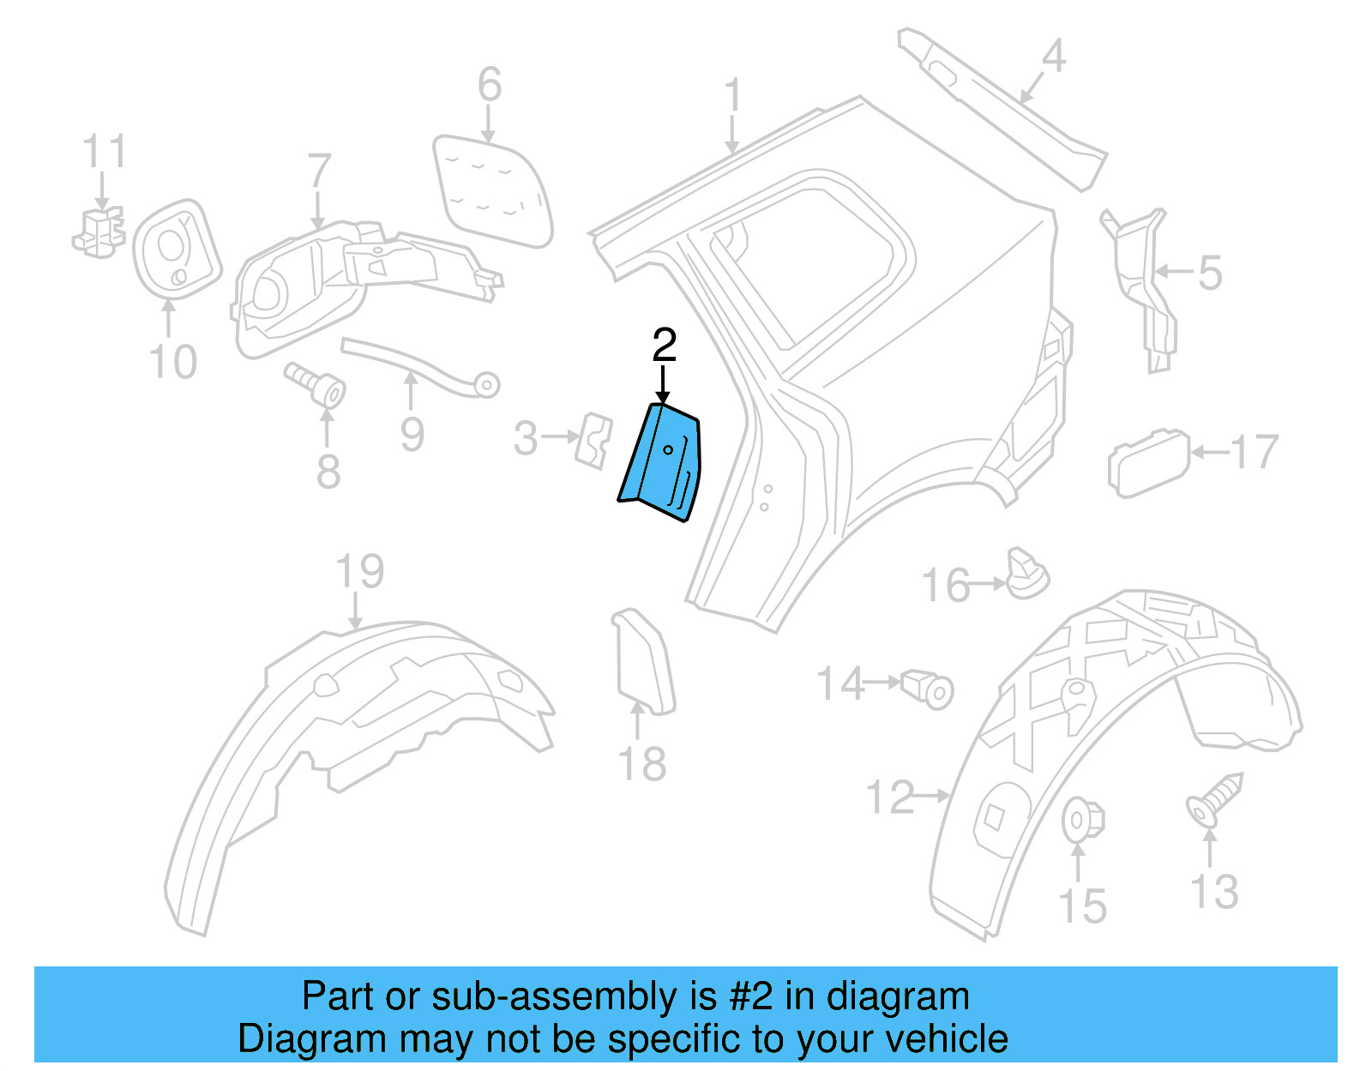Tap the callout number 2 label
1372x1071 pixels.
(665, 345)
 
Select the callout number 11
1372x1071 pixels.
(104, 152)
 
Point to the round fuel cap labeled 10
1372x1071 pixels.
(177, 250)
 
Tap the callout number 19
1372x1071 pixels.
(359, 571)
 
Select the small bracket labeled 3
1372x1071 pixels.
(593, 440)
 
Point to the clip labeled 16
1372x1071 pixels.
(1026, 574)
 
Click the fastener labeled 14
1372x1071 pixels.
(929, 687)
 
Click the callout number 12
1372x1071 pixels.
(890, 797)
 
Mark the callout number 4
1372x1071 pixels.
(1053, 57)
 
